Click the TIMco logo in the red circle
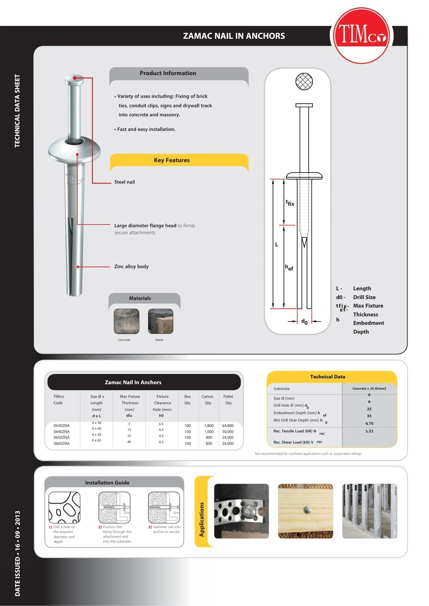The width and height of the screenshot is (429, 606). [x=361, y=35]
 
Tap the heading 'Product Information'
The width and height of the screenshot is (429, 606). [x=168, y=73]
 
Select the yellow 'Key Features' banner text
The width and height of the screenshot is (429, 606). [x=171, y=160]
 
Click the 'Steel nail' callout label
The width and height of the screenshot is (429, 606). [x=124, y=182]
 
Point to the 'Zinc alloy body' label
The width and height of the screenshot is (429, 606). [x=131, y=267]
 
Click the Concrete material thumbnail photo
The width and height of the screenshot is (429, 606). [x=127, y=321]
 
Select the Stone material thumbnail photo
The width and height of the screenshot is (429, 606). [x=160, y=321]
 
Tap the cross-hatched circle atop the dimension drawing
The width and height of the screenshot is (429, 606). [x=304, y=81]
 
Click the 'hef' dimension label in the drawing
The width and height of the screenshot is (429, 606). [x=289, y=268]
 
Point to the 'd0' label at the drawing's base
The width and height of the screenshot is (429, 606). [x=304, y=321]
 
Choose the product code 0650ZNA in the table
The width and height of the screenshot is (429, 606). [x=62, y=438]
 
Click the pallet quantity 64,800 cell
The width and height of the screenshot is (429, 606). [x=228, y=426]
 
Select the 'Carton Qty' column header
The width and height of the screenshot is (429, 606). [x=208, y=400]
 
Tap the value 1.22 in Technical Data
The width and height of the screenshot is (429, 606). [x=369, y=431]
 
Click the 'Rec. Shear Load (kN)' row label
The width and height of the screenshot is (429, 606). [x=293, y=442]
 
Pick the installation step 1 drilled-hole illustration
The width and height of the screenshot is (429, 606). [x=64, y=508]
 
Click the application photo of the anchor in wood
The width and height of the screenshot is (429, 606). [x=306, y=511]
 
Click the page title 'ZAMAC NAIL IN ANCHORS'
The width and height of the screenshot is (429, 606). [x=234, y=36]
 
